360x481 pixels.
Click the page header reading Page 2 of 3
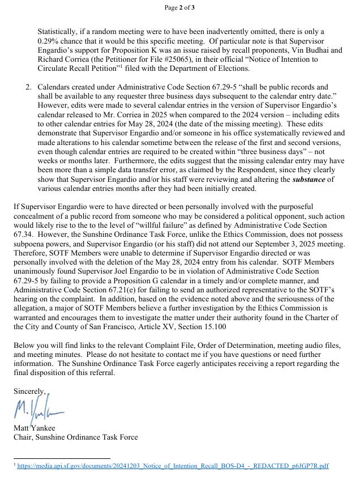coord(180,7)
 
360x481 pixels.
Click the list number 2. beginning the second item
coord(28,88)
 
